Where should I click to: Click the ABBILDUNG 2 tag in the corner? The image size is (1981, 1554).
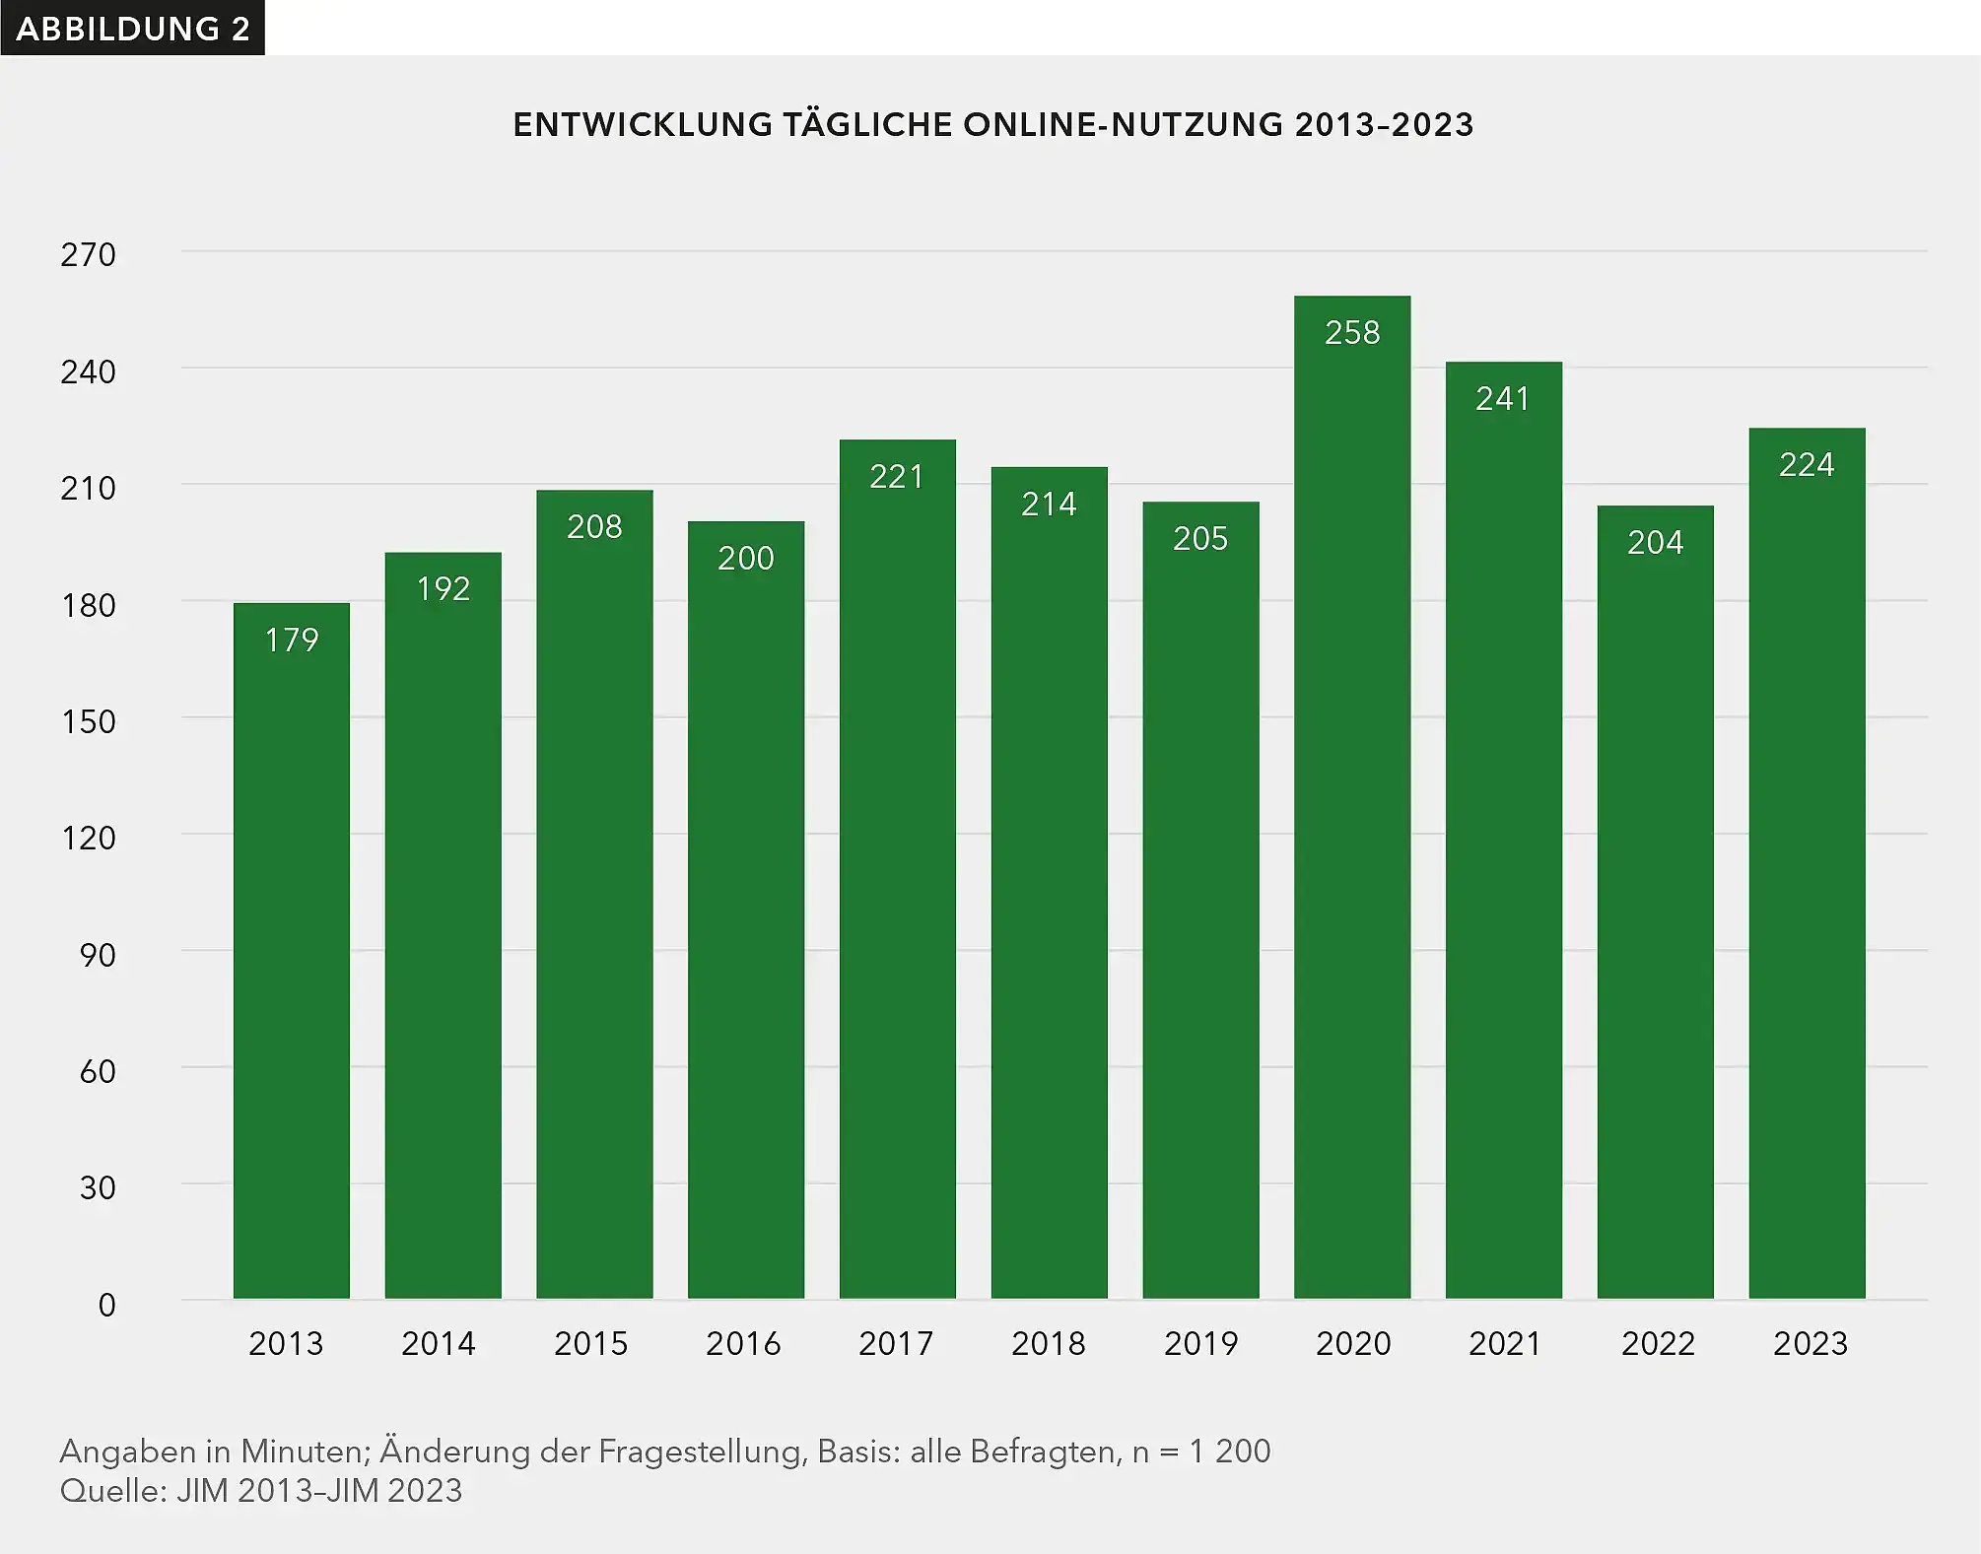pos(132,29)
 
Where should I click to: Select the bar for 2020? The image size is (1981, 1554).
pos(1351,798)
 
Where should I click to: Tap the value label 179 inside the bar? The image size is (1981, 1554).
pos(292,641)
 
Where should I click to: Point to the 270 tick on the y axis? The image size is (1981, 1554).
pos(88,255)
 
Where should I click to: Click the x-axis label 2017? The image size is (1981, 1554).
pos(895,1344)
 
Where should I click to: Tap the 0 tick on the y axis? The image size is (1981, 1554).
pos(106,1306)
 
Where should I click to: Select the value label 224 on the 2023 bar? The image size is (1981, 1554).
pos(1806,465)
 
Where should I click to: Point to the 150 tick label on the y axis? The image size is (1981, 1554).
pos(88,722)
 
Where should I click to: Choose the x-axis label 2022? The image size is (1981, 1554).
pos(1658,1344)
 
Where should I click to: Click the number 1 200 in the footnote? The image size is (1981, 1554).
pos(1229,1452)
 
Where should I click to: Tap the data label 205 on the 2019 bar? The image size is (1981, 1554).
pos(1199,539)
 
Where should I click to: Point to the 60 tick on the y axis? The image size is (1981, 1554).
pos(98,1072)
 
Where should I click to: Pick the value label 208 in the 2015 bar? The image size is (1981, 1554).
pos(594,527)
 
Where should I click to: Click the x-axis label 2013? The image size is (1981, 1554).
pos(286,1344)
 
